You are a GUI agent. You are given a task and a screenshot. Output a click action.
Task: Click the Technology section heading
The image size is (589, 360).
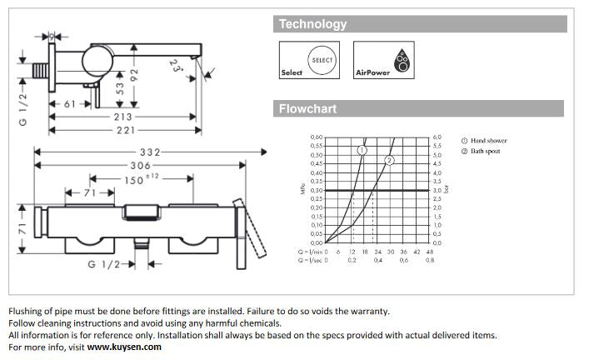[x=313, y=24]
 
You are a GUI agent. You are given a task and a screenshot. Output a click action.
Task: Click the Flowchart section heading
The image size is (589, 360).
[x=307, y=108]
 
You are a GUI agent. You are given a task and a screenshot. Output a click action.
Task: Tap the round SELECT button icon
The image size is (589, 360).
[x=322, y=60]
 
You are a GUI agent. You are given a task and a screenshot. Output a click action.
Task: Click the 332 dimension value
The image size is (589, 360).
[x=149, y=152]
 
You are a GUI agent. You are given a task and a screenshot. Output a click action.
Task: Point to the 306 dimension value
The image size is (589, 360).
[x=140, y=166]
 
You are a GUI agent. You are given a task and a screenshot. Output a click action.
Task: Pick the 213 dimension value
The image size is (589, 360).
[x=122, y=117]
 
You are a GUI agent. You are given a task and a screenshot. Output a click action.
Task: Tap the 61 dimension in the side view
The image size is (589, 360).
[x=69, y=104]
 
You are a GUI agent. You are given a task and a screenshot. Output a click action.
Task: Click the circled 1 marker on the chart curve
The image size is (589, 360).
[x=362, y=150]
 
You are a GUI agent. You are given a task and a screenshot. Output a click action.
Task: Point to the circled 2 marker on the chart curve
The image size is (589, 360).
[x=388, y=160]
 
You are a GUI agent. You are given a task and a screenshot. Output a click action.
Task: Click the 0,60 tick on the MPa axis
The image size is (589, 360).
[x=316, y=137]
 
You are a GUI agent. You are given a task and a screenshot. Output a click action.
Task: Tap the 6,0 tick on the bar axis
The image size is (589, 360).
[x=437, y=137]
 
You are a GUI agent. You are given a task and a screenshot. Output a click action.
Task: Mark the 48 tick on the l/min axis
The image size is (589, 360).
[x=430, y=251]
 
